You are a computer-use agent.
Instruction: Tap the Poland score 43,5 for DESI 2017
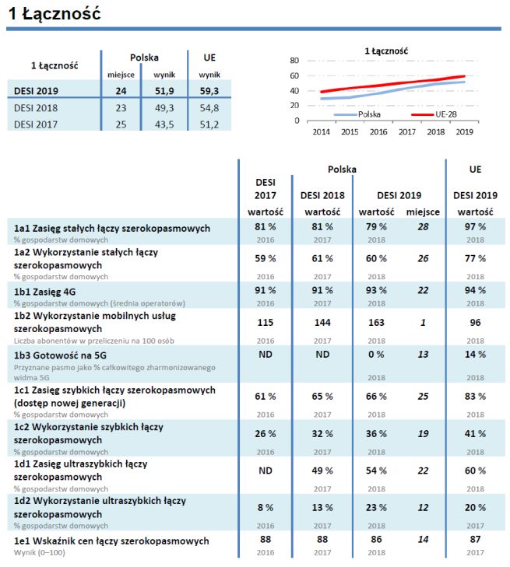coord(164,124)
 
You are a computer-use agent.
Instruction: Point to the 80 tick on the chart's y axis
coord(294,61)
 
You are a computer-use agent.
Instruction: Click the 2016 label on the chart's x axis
coord(378,133)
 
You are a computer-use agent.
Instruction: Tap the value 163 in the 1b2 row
coord(375,321)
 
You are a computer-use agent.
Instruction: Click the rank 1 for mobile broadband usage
coord(422,321)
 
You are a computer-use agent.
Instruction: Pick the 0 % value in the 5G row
coord(375,355)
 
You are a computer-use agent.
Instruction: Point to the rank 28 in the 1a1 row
coord(422,226)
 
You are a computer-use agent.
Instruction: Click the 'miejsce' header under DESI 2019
coord(423,212)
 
